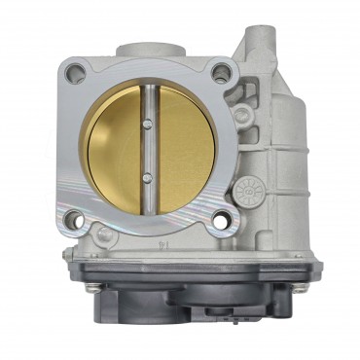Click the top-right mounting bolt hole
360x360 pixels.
pos(223,70)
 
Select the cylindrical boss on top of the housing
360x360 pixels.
pos(145,51)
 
